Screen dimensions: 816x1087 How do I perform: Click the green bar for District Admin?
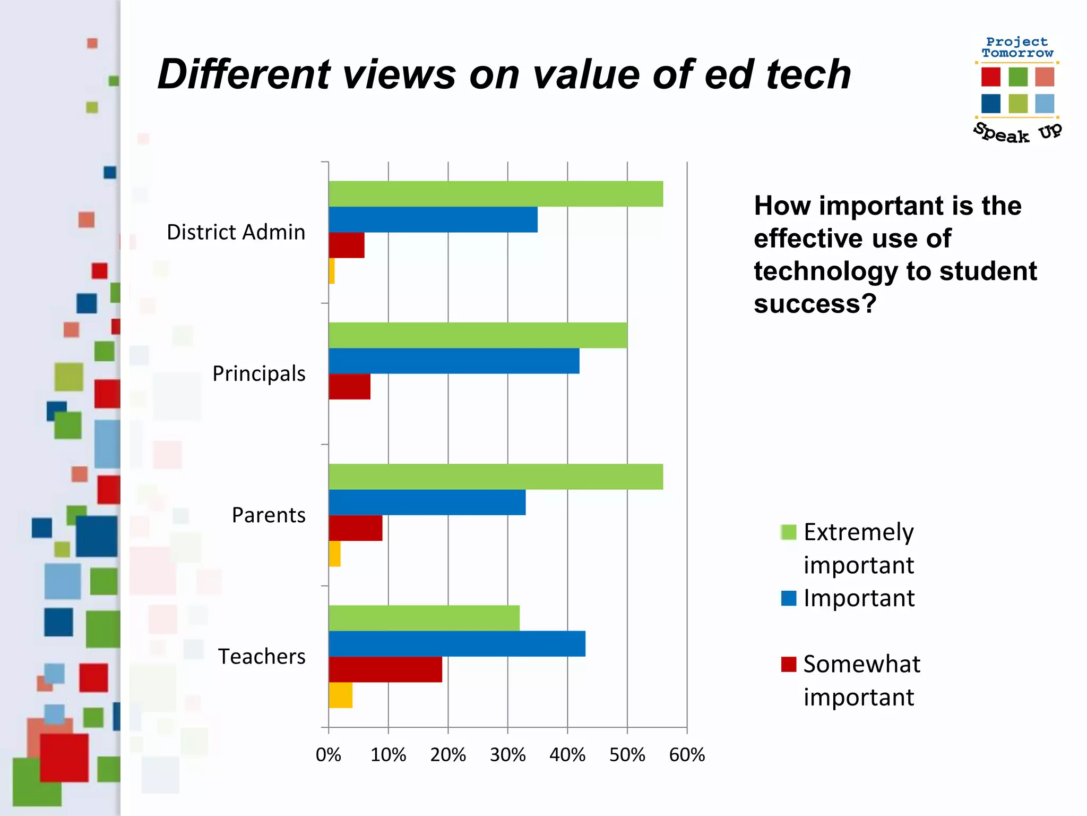(x=496, y=194)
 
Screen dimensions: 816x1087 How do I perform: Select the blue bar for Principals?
(x=454, y=361)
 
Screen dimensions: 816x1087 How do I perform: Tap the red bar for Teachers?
(x=385, y=669)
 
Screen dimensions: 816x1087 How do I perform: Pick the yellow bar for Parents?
(x=334, y=554)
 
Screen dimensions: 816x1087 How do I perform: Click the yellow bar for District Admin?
(x=332, y=271)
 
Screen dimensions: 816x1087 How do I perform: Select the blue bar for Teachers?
(x=457, y=644)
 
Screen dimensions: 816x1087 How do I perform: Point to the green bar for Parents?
(x=496, y=477)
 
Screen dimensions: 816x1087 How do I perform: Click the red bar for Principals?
(x=350, y=387)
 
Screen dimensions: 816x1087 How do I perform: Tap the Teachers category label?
(x=262, y=657)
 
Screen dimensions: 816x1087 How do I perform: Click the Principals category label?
(x=259, y=373)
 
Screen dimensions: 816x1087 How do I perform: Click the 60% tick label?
(x=687, y=755)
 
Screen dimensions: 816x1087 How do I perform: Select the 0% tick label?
(x=329, y=755)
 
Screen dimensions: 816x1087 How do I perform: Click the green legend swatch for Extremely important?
(x=789, y=532)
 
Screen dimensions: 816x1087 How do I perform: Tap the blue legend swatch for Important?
(x=789, y=598)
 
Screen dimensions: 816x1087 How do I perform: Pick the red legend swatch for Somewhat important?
(x=789, y=664)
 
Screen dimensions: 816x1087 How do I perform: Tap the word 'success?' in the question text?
(x=815, y=304)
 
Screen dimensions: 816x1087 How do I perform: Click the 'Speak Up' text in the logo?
(x=1017, y=132)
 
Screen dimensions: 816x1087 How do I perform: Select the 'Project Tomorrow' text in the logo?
(x=1017, y=47)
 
